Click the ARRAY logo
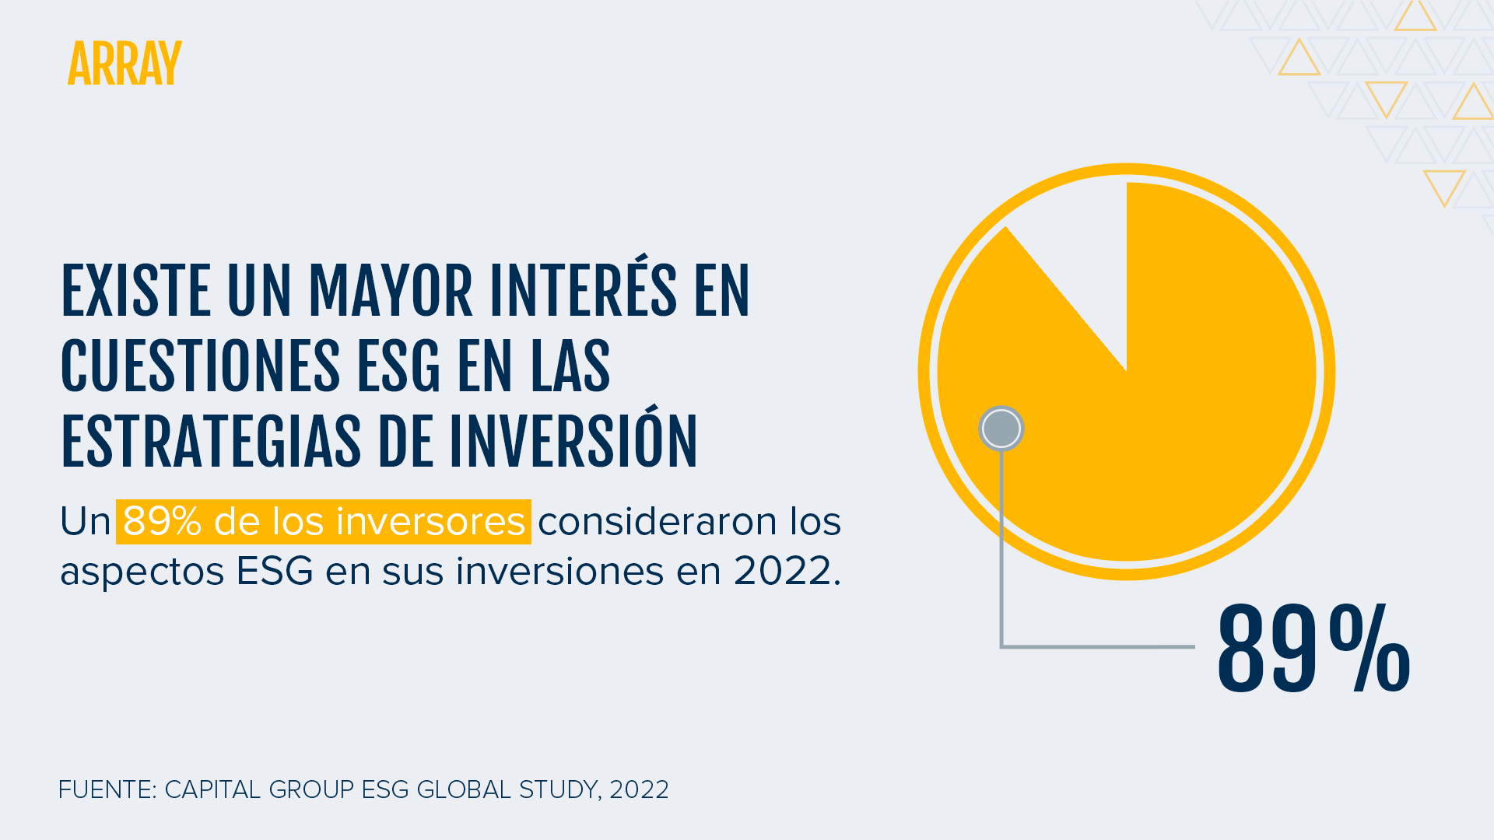(x=124, y=63)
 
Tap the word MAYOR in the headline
(x=391, y=292)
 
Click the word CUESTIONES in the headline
(x=200, y=366)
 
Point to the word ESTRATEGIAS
(x=211, y=442)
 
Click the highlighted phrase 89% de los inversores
(x=324, y=521)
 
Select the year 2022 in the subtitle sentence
(x=782, y=571)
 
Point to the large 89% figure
(x=1313, y=649)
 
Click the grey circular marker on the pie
(x=1001, y=428)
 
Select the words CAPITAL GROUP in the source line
(x=259, y=789)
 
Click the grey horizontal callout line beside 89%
(x=1098, y=646)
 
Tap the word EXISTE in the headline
(x=135, y=292)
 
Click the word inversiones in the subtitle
(x=560, y=571)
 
